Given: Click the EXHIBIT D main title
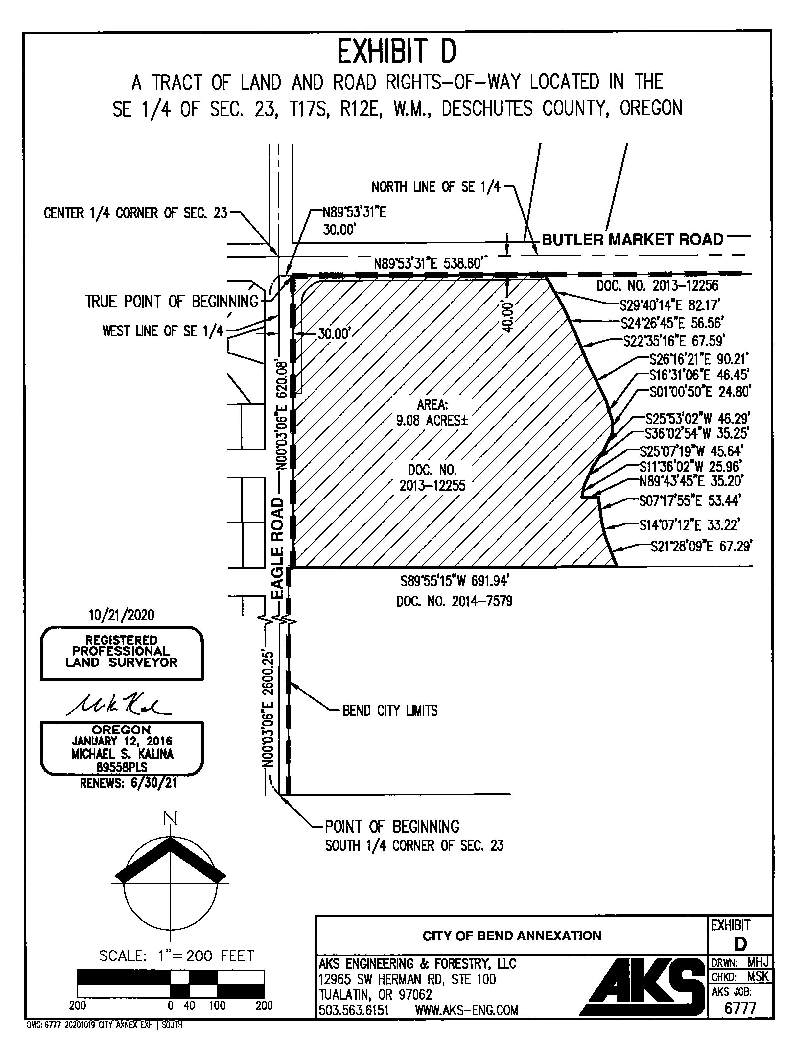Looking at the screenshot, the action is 397,52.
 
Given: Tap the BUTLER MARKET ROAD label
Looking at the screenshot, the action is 632,239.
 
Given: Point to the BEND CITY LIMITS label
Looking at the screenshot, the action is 390,711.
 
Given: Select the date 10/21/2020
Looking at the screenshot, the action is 122,615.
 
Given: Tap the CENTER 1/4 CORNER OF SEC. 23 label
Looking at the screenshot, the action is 135,213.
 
